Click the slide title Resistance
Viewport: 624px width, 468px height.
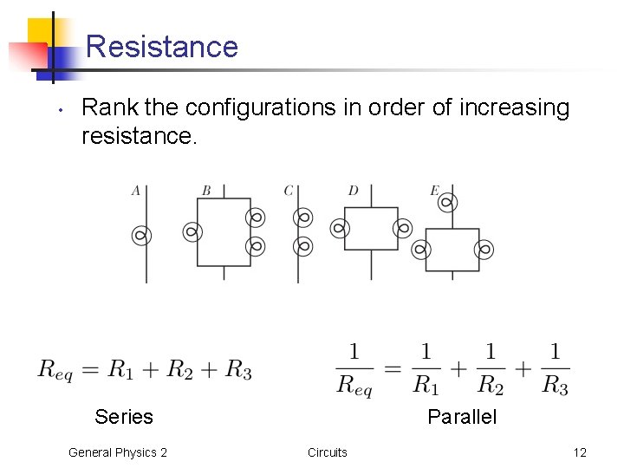tap(162, 46)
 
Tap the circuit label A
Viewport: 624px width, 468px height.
tap(136, 191)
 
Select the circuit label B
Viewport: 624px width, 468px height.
tap(206, 191)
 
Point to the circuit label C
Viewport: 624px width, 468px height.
tap(289, 191)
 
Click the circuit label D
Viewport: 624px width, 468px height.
tap(353, 191)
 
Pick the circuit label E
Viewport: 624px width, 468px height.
tap(434, 191)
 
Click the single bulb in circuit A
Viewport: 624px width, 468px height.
tap(140, 234)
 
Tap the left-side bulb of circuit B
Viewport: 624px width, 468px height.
tap(192, 231)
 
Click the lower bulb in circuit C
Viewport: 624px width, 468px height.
tap(302, 246)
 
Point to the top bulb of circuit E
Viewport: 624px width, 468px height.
tap(446, 204)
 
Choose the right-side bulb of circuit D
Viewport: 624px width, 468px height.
tap(402, 229)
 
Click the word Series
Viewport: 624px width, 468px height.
tap(124, 417)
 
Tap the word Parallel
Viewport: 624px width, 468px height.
tap(462, 417)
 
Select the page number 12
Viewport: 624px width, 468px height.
tap(580, 452)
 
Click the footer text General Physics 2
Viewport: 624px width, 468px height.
tap(118, 452)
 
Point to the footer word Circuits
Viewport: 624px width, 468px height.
tap(328, 452)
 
